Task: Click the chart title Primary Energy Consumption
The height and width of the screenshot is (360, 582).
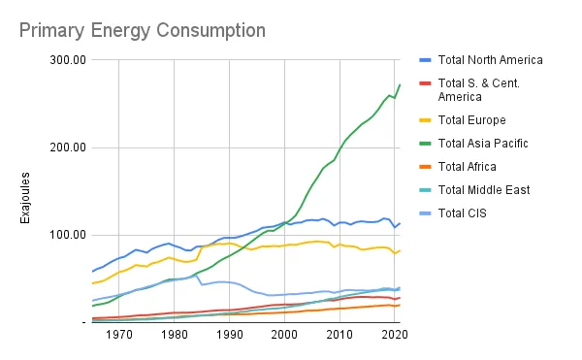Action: point(142,31)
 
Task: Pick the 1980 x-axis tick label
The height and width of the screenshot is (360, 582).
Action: point(175,335)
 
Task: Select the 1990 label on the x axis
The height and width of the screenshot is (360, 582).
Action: point(230,335)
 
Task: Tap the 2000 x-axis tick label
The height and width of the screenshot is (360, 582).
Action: point(284,335)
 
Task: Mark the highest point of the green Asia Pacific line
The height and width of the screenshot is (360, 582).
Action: point(400,84)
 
